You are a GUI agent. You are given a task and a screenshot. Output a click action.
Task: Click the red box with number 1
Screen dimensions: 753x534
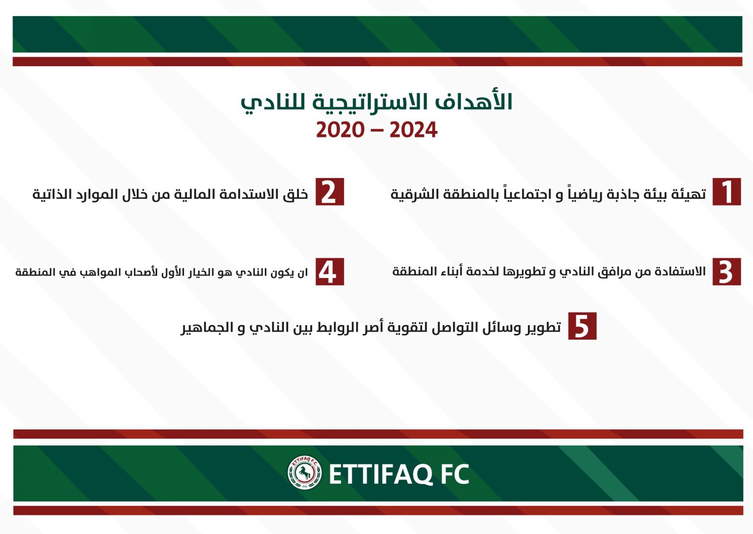coord(727,192)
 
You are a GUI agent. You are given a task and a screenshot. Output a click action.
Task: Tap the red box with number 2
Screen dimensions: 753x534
coord(330,192)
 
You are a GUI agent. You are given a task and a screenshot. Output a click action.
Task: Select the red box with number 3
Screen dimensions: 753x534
coord(727,272)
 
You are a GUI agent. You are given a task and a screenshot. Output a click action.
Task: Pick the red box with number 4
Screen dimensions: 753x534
coord(330,272)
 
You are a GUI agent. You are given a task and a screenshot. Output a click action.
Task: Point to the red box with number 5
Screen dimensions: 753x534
coord(582,326)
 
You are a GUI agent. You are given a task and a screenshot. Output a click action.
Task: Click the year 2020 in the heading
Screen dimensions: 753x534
coord(340,130)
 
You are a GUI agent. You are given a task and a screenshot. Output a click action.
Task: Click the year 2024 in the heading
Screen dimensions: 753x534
coord(413,130)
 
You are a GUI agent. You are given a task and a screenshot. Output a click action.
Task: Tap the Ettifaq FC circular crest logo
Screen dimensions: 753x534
coord(304,473)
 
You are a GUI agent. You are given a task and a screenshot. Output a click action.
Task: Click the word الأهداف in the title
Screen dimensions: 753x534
coord(474,102)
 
